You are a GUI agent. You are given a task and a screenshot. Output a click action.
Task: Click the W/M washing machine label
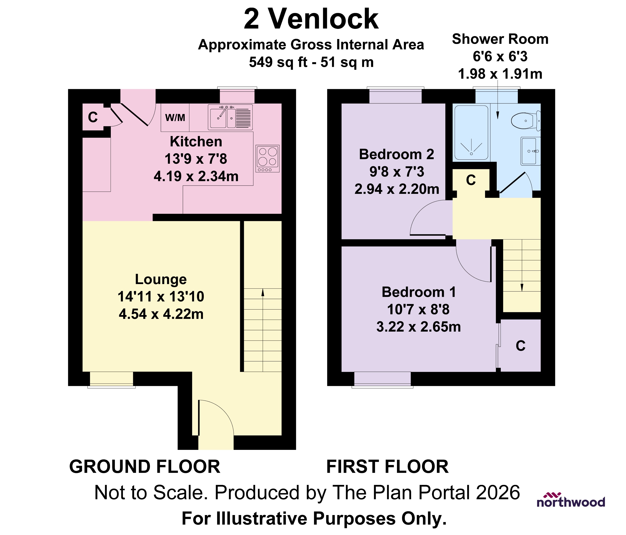[175, 118]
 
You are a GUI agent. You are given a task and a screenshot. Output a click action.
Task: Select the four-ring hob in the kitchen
[267, 159]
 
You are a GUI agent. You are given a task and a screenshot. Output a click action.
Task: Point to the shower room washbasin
[530, 151]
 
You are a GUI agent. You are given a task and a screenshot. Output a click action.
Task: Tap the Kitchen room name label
[196, 142]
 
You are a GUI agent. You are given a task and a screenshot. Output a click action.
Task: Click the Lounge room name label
[161, 279]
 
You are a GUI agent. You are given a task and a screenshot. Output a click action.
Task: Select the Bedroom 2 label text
[396, 154]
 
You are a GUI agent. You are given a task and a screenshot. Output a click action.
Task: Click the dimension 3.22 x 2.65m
[418, 327]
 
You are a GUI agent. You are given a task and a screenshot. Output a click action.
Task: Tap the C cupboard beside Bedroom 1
[520, 346]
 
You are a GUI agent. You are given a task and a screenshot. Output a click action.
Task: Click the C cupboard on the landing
[471, 180]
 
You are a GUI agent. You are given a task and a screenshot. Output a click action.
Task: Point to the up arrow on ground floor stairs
[263, 292]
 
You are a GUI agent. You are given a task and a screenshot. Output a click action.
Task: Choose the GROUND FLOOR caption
[145, 467]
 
